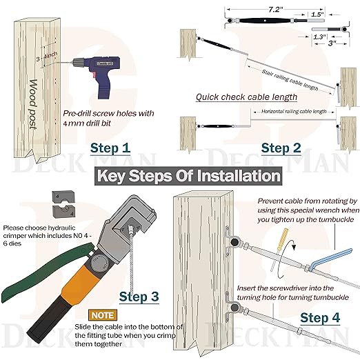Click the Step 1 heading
110,148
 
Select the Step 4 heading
320,318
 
